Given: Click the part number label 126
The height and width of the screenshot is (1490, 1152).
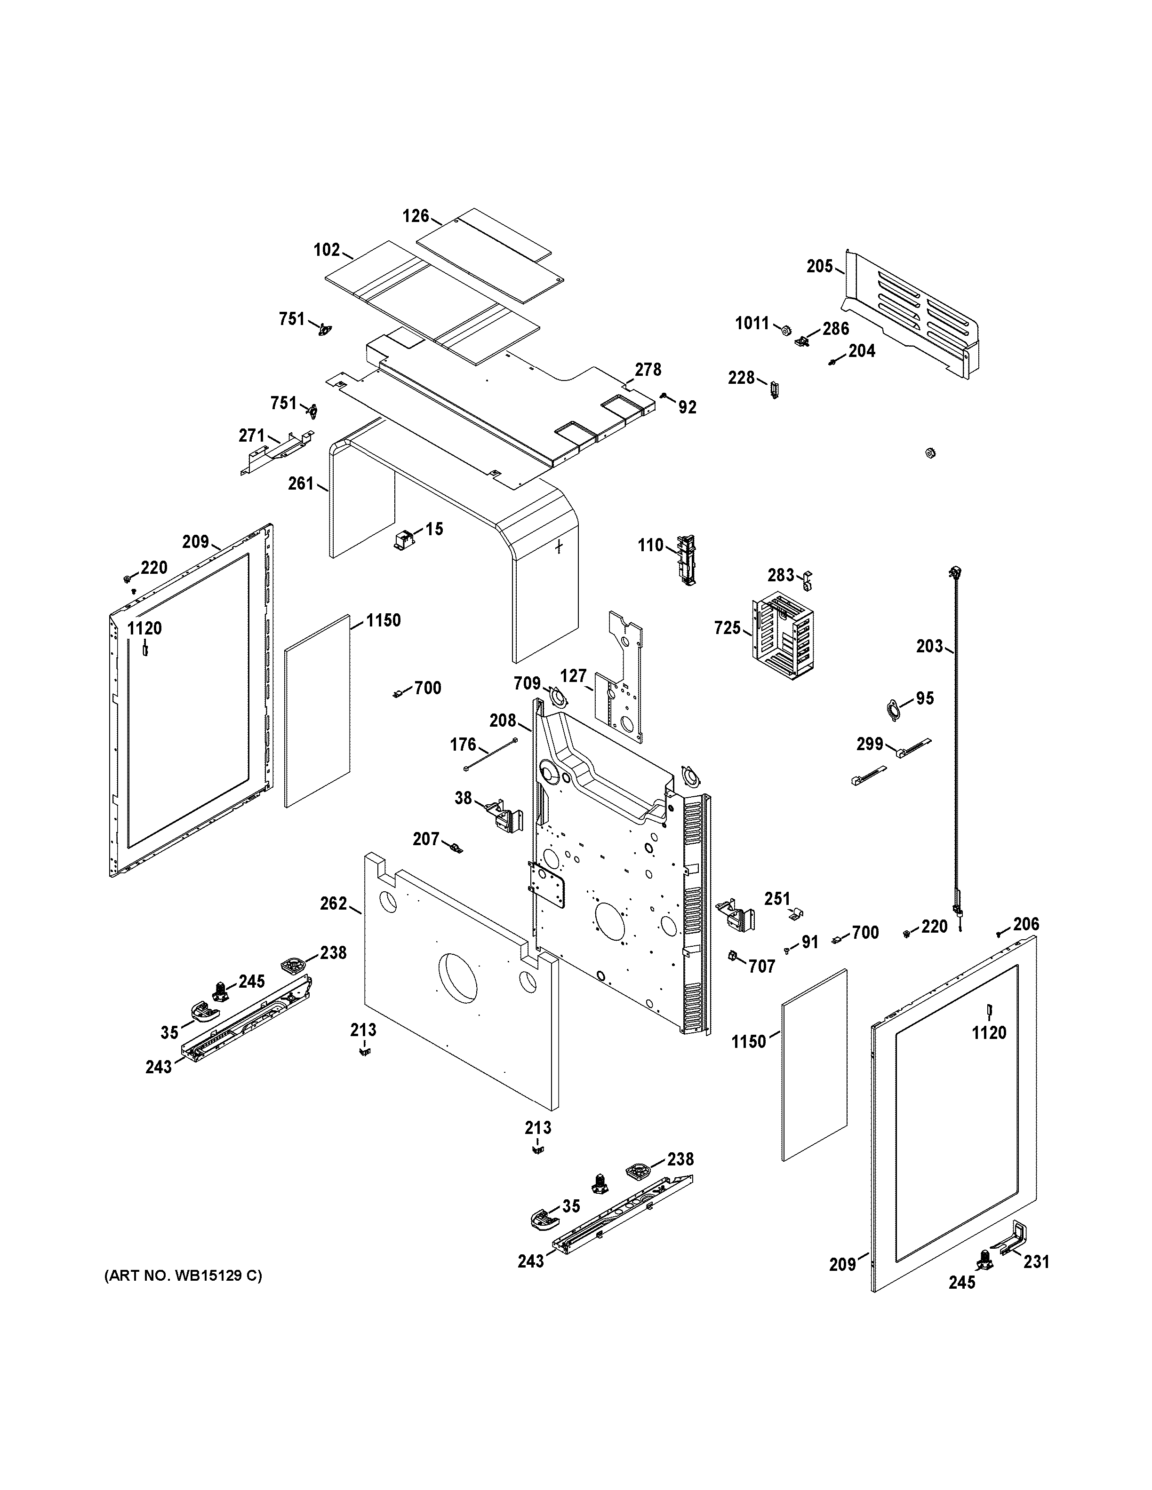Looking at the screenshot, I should tap(415, 216).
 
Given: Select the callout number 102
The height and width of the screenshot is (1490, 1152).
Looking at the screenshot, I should tap(326, 250).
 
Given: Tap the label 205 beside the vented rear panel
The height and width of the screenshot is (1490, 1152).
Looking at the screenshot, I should tap(819, 266).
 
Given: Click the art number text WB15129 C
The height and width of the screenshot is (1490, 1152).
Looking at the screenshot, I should tap(183, 1276).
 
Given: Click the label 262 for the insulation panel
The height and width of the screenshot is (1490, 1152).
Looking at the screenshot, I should tap(333, 904).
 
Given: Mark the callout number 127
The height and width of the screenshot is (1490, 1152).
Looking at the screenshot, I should tap(573, 675).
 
